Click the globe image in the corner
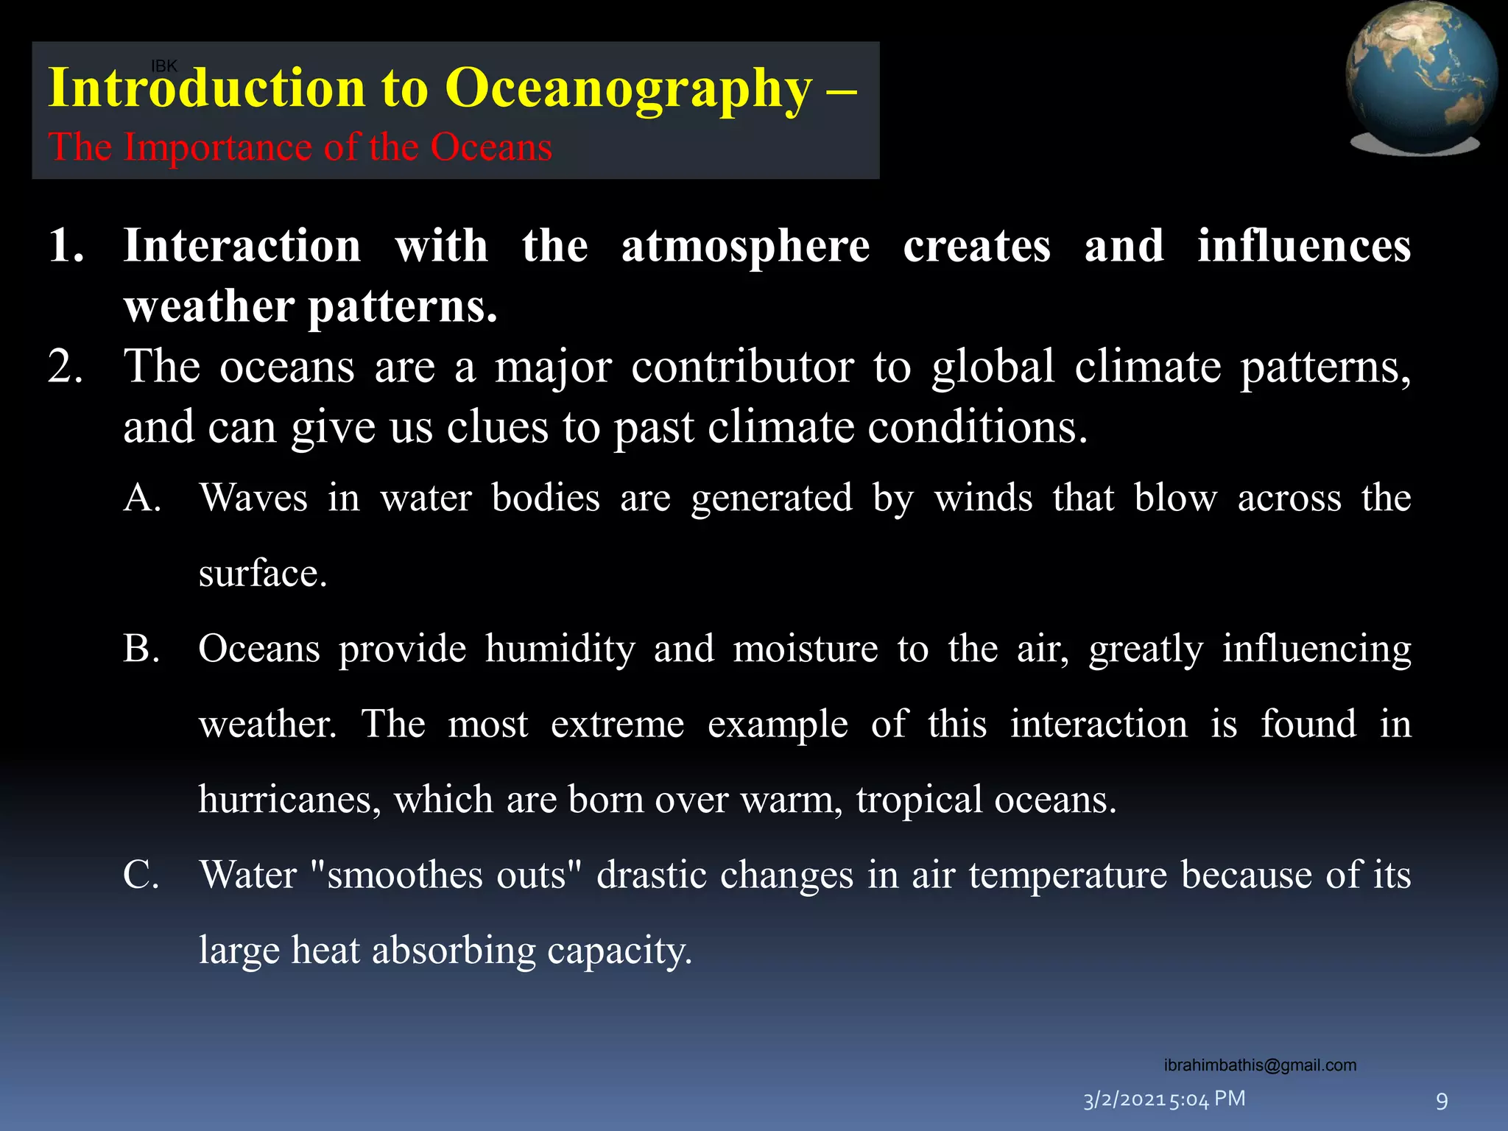[x=1420, y=77]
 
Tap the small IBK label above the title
[x=163, y=66]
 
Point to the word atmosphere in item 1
[x=745, y=246]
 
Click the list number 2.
[x=65, y=367]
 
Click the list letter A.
[x=142, y=498]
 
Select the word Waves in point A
[x=253, y=498]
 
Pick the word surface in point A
[x=262, y=574]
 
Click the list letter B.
[x=141, y=649]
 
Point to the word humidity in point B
[x=560, y=649]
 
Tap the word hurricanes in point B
[x=289, y=800]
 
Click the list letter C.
[x=141, y=875]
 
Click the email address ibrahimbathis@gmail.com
[x=1260, y=1065]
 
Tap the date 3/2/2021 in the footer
[x=1124, y=1100]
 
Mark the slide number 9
[x=1442, y=1102]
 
